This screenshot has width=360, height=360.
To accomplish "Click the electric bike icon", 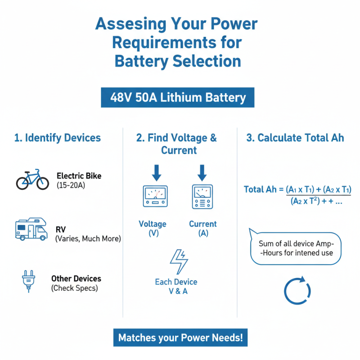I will tap(32, 180).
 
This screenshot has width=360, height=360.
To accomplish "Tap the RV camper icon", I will tap(31, 229).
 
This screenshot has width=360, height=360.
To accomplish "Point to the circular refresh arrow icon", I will tap(297, 292).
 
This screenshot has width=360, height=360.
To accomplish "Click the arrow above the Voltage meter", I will tap(156, 172).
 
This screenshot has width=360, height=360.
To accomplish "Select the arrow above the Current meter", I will tap(202, 172).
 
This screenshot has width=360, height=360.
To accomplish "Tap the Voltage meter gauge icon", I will tap(155, 197).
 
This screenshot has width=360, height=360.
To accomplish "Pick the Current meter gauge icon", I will tap(202, 197).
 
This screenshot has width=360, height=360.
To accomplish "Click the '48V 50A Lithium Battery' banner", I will tap(178, 98).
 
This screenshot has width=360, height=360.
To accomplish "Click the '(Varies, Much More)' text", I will tap(88, 239).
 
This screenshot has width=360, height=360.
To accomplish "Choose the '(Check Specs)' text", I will tap(74, 288).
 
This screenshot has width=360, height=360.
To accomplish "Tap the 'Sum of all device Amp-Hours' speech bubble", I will tap(296, 248).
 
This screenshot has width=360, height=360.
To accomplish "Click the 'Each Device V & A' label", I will tap(176, 287).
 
